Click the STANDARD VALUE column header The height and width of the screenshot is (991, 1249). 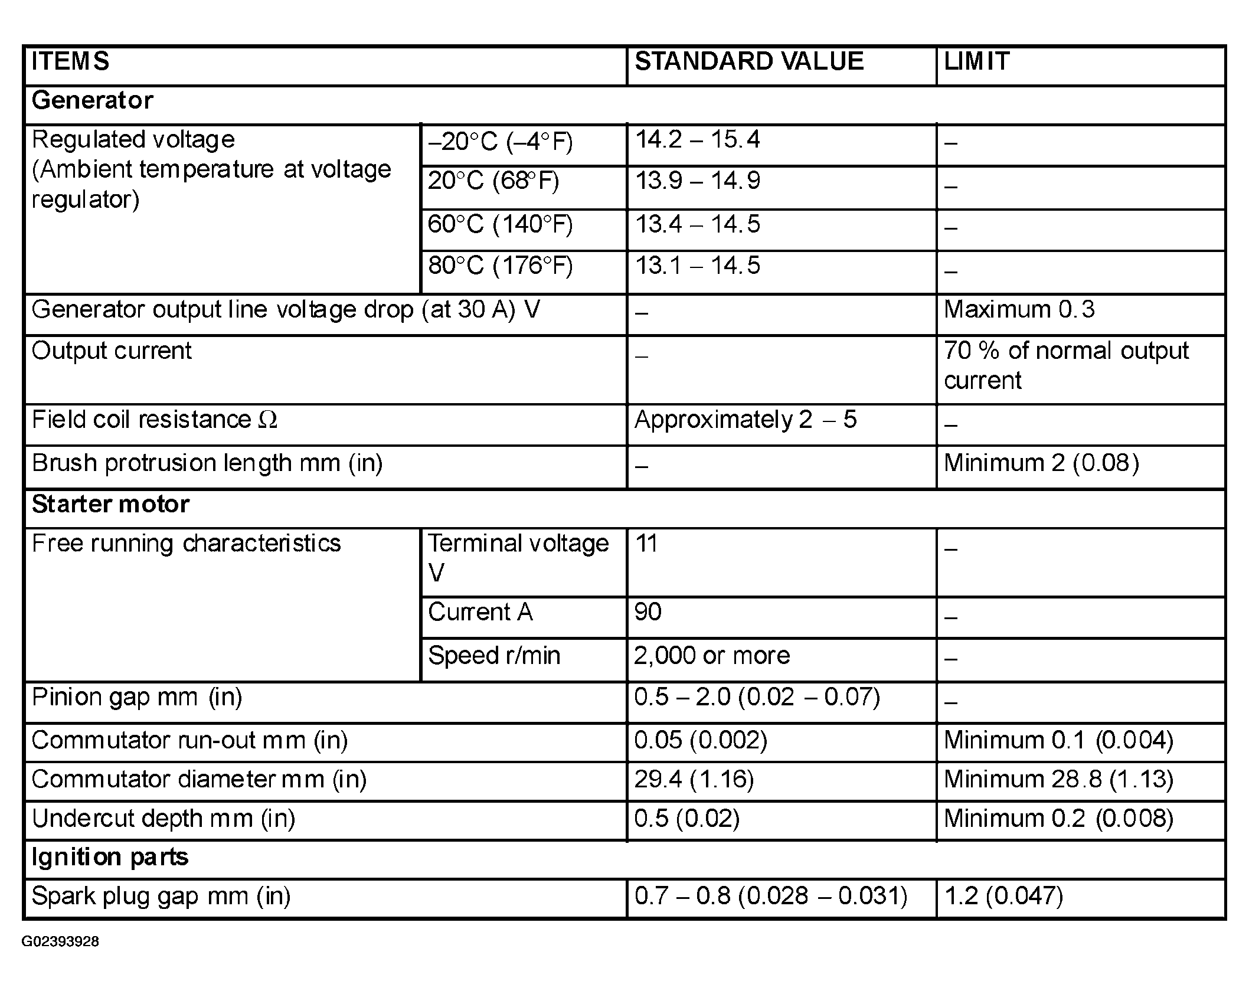click(x=748, y=62)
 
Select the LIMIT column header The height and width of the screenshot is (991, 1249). click(x=976, y=62)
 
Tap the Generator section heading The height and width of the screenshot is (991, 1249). click(x=92, y=100)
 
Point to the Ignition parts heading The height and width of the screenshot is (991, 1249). click(x=110, y=857)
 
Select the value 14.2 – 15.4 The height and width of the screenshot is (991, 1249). click(x=697, y=140)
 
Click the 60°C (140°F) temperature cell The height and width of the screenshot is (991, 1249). click(x=500, y=225)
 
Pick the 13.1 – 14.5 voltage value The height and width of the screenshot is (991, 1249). click(x=697, y=266)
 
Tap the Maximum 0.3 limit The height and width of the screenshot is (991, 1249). click(x=1019, y=310)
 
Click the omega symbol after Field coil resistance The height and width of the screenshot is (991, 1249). click(x=268, y=420)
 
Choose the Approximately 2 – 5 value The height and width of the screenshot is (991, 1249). click(x=745, y=420)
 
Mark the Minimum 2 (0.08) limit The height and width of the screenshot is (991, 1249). click(x=1041, y=463)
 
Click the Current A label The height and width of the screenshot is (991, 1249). click(x=480, y=612)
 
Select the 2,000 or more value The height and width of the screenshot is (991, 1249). click(x=711, y=656)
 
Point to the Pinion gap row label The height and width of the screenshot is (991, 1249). click(x=137, y=698)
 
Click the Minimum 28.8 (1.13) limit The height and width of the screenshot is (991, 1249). click(x=1058, y=780)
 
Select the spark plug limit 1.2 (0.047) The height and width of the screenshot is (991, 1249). click(x=1003, y=897)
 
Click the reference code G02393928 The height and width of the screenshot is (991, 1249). click(x=60, y=942)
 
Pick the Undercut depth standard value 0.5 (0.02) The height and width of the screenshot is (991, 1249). click(x=686, y=819)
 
